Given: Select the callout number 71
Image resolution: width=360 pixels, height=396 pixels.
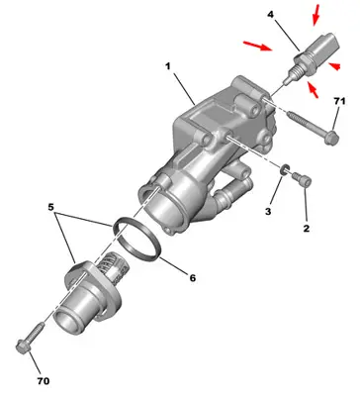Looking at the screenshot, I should (x=339, y=101).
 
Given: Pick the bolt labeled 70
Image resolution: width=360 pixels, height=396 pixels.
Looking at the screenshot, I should (x=29, y=336).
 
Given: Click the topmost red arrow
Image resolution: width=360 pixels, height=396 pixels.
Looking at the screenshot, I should (x=318, y=14).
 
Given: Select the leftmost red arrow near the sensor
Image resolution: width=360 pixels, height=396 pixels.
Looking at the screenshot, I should (x=256, y=45).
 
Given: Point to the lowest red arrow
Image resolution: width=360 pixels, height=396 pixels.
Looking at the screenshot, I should (x=315, y=92).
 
